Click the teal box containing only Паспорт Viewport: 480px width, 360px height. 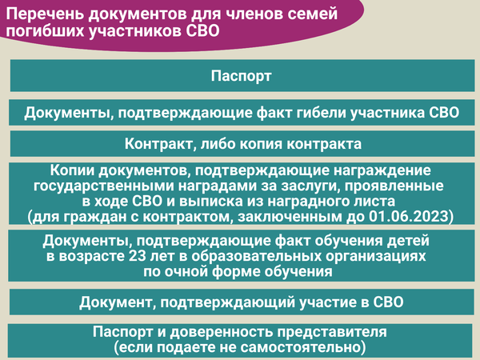(x=242, y=76)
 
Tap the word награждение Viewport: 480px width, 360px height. (x=382, y=170)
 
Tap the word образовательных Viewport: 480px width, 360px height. (x=257, y=256)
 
